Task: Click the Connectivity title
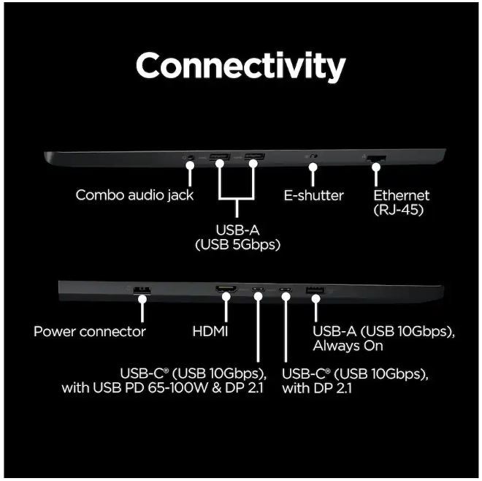[x=241, y=67]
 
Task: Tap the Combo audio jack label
[x=134, y=195]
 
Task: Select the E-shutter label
[x=313, y=195]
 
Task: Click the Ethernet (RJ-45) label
[x=401, y=202]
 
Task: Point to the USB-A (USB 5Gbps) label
[x=237, y=238]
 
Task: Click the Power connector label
[x=89, y=331]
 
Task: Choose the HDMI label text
[x=210, y=331]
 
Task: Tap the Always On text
[x=348, y=346]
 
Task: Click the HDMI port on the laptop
[x=226, y=289]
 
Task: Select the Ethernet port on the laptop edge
[x=376, y=159]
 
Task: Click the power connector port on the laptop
[x=142, y=290]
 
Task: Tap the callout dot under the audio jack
[x=190, y=165]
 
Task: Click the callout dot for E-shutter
[x=313, y=167]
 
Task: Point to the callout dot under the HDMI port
[x=226, y=297]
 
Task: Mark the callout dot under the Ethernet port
[x=376, y=167]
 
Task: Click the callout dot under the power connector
[x=142, y=299]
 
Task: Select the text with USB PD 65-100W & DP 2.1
[x=162, y=387]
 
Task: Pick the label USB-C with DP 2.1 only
[x=355, y=381]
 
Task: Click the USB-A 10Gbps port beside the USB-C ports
[x=315, y=290]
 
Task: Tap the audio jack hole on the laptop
[x=191, y=157]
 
